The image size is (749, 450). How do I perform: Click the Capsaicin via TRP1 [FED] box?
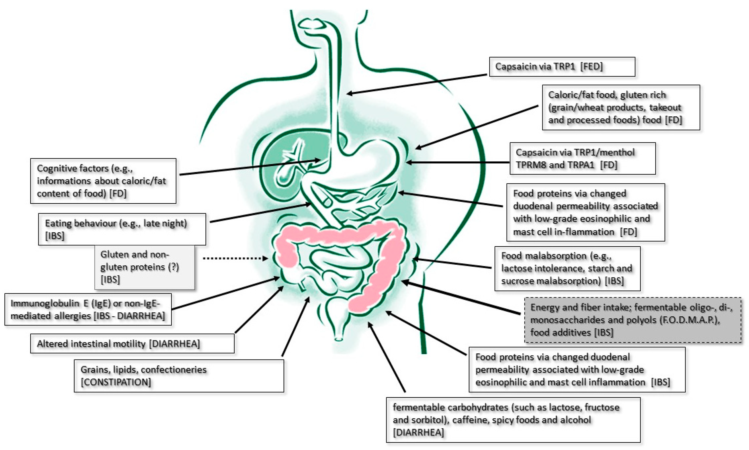click(x=562, y=67)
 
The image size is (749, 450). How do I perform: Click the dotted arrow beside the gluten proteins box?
click(x=235, y=258)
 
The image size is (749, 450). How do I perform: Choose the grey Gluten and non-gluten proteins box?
click(x=144, y=267)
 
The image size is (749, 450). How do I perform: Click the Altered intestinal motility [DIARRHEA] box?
click(x=132, y=343)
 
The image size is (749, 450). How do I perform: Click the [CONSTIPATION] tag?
click(x=116, y=382)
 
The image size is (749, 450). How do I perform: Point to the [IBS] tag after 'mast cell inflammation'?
click(x=660, y=382)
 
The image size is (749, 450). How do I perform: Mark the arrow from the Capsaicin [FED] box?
click(x=417, y=84)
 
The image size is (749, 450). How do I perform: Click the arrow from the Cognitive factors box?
click(x=250, y=167)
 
